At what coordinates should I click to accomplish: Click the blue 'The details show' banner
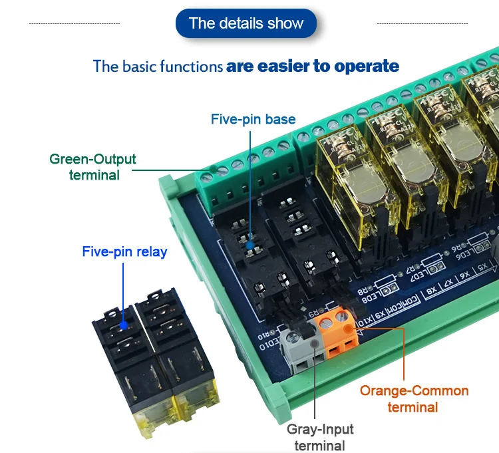246,23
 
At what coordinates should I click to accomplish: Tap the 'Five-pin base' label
253,120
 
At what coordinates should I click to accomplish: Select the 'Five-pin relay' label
124,252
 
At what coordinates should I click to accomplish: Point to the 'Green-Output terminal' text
92,167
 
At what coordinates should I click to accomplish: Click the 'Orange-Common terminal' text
414,398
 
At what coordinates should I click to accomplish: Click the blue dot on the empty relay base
249,245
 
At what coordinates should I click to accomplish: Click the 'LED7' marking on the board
418,274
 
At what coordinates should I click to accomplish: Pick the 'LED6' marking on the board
481,247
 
